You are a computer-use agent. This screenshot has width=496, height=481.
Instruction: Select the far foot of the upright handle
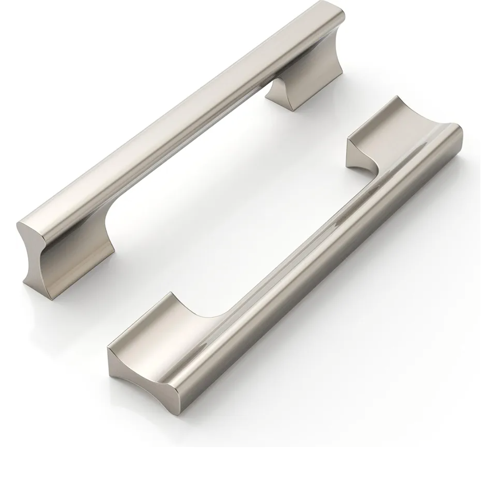coord(305,83)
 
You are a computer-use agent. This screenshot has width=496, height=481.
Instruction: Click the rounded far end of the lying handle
coord(455,138)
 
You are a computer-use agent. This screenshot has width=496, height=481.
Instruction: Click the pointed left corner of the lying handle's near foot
coord(110,349)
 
